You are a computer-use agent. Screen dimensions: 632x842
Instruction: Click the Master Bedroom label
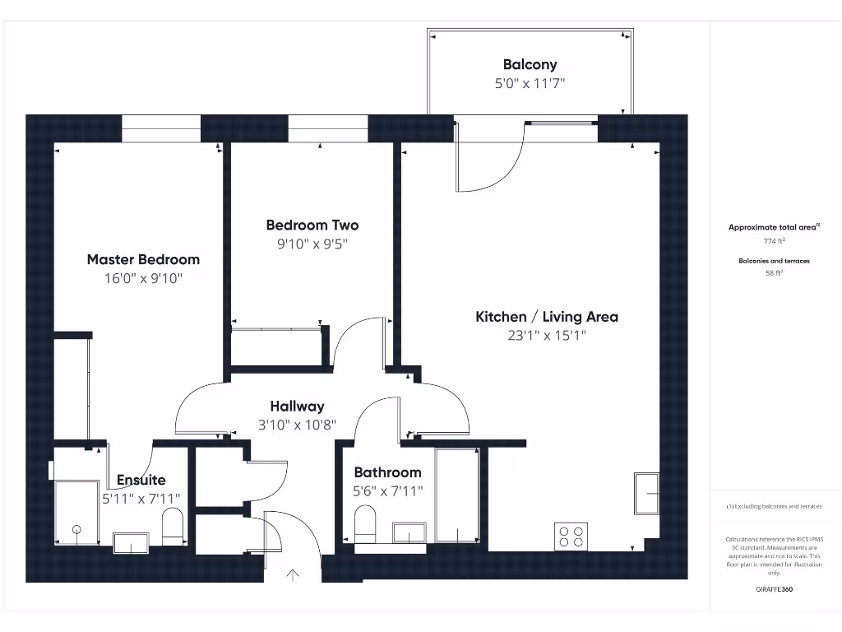[x=143, y=259]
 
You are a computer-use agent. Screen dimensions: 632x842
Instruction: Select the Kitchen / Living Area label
[x=547, y=317]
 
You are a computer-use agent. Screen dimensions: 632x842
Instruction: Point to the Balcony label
[x=530, y=64]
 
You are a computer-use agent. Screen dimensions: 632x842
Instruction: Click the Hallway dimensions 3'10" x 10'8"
[x=297, y=425]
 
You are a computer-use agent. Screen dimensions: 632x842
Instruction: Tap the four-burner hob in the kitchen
[x=571, y=536]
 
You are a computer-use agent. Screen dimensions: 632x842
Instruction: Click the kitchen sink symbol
[x=646, y=493]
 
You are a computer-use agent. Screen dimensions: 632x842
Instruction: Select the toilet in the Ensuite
[x=173, y=526]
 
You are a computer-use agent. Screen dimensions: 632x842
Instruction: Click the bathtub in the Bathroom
[x=457, y=495]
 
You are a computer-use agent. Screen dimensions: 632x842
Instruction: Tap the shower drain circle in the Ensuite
[x=77, y=529]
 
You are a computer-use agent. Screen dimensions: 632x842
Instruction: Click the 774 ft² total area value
[x=774, y=241]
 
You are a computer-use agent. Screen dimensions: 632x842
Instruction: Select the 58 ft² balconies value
[x=774, y=273]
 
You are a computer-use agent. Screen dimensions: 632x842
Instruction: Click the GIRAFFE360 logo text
[x=774, y=589]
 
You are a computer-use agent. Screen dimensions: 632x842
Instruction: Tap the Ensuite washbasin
[x=130, y=543]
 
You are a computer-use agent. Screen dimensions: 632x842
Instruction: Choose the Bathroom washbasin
[x=409, y=532]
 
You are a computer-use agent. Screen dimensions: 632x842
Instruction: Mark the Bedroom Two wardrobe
[x=276, y=346]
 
